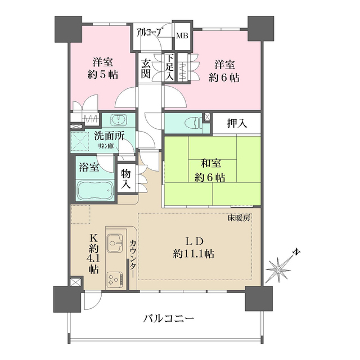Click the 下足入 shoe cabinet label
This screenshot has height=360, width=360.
pos(169,67)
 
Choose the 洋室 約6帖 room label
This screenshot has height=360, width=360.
pos(226,70)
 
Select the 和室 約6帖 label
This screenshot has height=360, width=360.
pos(212,170)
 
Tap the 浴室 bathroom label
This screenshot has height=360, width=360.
pos(88,167)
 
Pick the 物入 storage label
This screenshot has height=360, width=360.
pos(125,178)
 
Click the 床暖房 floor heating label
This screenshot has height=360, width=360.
pos(238,217)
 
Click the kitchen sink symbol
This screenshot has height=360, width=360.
pos(116,243)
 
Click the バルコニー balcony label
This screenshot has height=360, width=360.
pos(168,318)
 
